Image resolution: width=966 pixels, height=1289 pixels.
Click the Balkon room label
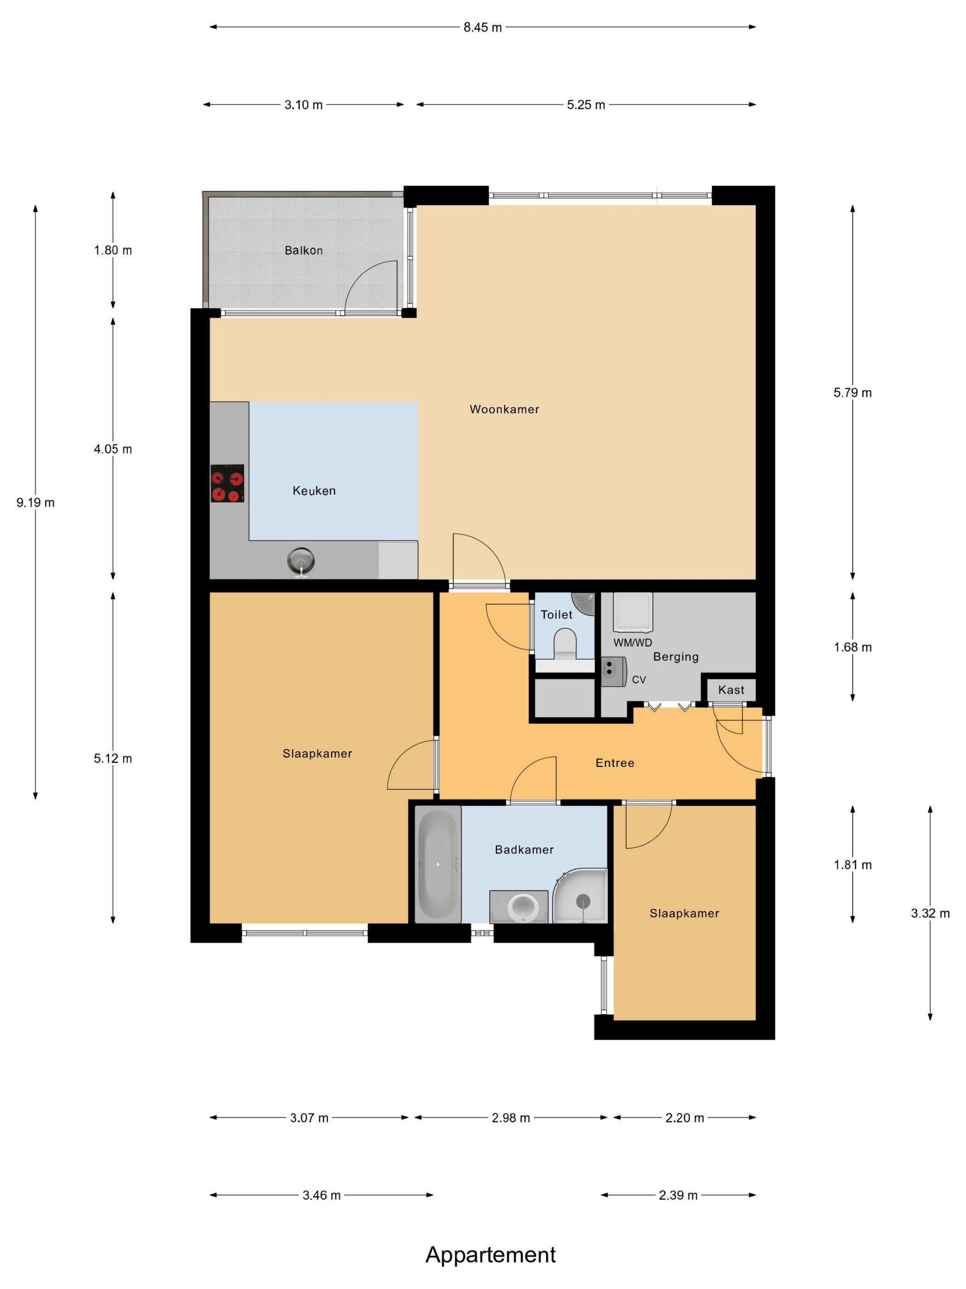point(303,250)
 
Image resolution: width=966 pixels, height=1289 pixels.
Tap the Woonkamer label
point(504,409)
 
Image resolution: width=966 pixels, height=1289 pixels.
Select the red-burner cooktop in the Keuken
point(227,483)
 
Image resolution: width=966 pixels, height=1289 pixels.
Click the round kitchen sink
point(301,561)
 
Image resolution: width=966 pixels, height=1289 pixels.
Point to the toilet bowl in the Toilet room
point(565,643)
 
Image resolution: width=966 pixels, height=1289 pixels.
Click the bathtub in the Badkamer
point(438,864)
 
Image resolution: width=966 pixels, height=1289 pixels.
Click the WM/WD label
point(632,643)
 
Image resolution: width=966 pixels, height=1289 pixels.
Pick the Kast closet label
point(731,690)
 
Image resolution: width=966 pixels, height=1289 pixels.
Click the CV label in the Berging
point(639,679)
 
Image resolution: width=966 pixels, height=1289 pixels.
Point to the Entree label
point(615,763)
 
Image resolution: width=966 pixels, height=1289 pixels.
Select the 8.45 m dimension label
point(483,27)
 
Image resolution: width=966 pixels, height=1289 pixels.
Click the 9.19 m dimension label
point(35,502)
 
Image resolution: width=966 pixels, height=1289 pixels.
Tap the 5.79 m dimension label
point(852,393)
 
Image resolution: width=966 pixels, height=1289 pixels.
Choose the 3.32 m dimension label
point(930,914)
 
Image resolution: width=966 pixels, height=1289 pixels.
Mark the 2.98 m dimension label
point(511,1118)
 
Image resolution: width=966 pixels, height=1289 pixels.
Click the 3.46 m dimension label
point(322,1195)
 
